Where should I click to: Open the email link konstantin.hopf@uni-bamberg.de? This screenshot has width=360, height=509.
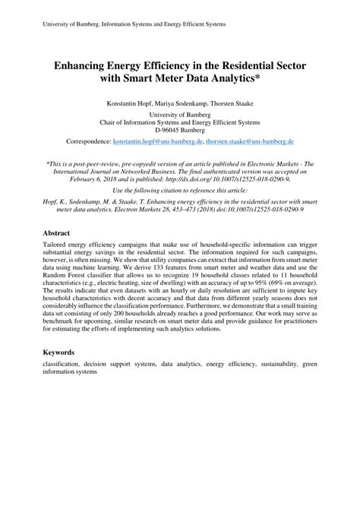157,141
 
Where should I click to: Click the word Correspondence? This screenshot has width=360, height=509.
88,141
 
